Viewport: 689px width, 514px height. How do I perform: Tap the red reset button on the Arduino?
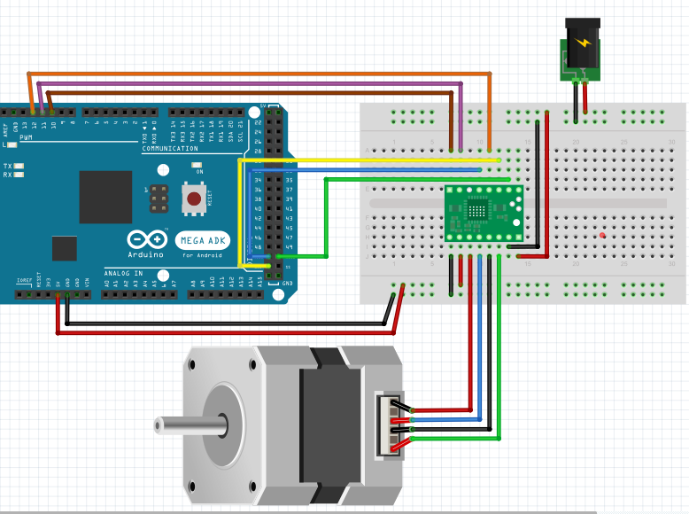coord(192,198)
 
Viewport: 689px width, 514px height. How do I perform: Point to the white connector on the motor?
coord(390,425)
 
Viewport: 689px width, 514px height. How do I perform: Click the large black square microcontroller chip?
coord(105,197)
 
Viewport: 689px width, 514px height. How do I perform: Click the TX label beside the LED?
coord(7,166)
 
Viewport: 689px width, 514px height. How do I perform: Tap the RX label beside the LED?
coord(7,175)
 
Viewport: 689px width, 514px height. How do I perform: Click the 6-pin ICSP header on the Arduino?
coord(159,199)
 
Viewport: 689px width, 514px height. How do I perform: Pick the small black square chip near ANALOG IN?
coord(64,248)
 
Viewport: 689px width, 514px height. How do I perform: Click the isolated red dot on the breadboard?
coord(602,235)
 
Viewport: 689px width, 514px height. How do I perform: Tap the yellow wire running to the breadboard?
coord(372,160)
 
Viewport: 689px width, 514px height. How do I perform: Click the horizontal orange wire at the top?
coord(266,73)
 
